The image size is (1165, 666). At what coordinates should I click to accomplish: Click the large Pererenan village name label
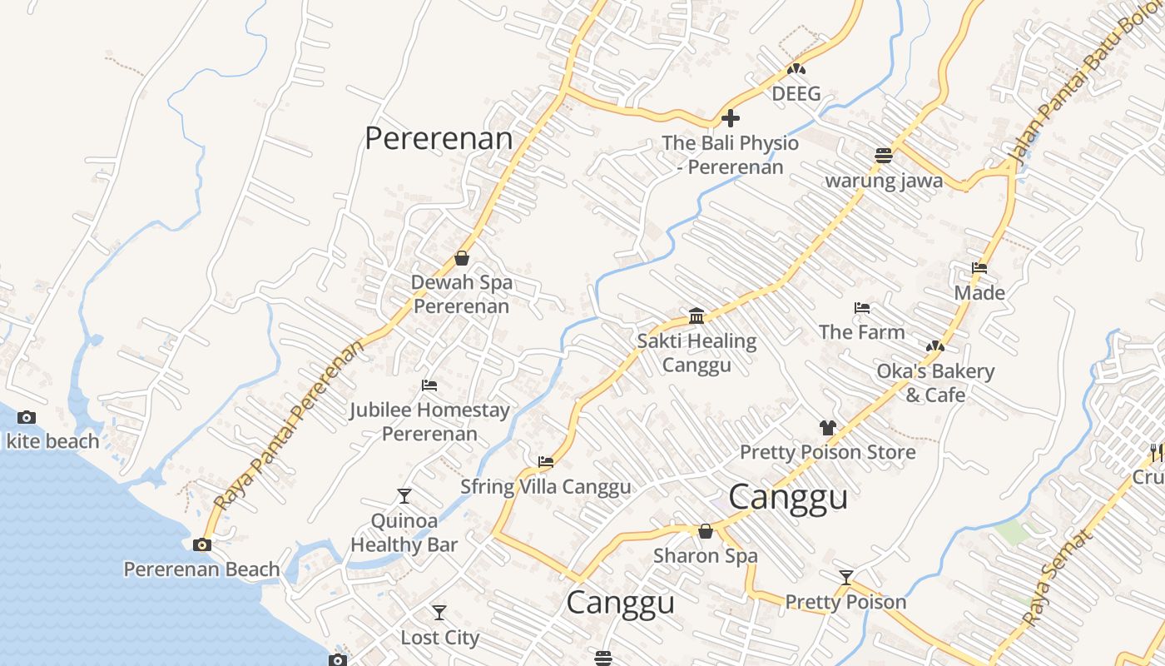[x=439, y=138]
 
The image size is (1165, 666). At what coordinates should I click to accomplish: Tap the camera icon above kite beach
[x=27, y=418]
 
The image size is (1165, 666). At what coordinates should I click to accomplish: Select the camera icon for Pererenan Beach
[x=201, y=545]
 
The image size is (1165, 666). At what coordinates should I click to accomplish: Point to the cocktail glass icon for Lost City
[x=439, y=613]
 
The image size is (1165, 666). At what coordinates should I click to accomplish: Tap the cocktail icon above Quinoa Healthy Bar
[x=404, y=496]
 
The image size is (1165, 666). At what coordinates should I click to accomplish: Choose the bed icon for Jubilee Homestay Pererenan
[x=429, y=385]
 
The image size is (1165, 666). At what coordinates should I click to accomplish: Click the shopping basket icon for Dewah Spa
[x=462, y=258]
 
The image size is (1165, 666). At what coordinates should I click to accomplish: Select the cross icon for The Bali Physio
[x=731, y=118]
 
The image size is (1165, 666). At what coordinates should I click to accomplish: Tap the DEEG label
[x=796, y=93]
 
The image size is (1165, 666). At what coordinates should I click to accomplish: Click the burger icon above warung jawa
[x=884, y=156]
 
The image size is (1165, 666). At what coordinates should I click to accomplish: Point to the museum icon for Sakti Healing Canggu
[x=697, y=316]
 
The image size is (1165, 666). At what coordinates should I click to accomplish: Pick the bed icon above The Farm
[x=862, y=308]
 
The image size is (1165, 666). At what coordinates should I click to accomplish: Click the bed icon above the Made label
[x=979, y=268]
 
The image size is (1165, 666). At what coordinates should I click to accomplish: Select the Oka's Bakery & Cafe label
[x=935, y=383]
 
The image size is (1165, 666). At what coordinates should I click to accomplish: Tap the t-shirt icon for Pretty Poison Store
[x=827, y=428]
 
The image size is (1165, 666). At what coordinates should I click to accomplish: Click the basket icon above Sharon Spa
[x=706, y=531]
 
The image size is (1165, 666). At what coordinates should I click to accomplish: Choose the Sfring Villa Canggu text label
[x=546, y=486]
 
